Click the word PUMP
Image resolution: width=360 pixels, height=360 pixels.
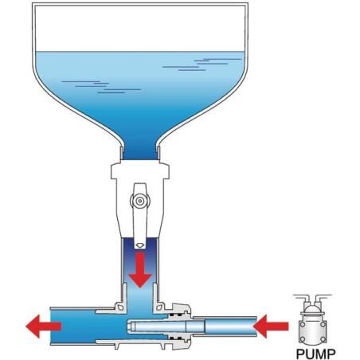[315, 354]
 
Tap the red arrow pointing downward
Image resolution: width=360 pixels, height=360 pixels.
[140, 270]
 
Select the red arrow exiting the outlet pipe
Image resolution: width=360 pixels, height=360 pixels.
[44, 327]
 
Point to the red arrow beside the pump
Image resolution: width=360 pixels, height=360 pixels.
[271, 327]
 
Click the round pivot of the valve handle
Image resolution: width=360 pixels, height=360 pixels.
[140, 201]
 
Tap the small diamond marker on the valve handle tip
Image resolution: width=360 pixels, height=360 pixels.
[140, 245]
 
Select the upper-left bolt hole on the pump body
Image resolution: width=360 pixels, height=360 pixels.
[302, 324]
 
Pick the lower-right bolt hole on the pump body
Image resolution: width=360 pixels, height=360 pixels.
[323, 339]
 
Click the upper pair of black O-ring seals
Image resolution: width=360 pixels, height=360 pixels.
[176, 315]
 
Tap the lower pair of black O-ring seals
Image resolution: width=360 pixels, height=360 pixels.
[176, 338]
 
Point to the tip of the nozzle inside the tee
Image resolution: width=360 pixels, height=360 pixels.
[128, 327]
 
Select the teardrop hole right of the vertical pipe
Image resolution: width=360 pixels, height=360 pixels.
[159, 307]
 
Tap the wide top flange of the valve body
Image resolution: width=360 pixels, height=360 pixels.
[140, 171]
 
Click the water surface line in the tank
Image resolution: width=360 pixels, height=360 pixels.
[140, 51]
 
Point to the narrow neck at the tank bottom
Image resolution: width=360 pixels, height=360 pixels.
[140, 152]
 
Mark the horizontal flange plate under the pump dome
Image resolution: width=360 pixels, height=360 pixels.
[312, 315]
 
